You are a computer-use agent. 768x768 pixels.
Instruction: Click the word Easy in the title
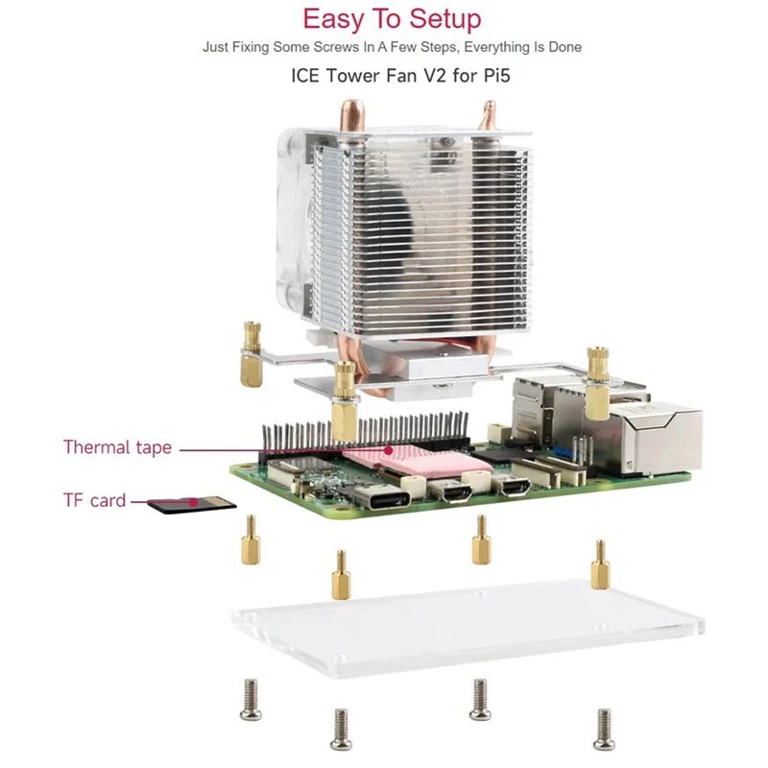coord(337,19)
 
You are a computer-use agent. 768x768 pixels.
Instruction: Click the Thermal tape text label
coord(117,446)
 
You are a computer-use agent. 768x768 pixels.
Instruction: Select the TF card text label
coord(94,499)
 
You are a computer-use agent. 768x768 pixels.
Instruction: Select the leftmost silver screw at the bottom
coord(252,698)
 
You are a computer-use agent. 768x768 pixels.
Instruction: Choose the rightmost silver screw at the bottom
coord(603,727)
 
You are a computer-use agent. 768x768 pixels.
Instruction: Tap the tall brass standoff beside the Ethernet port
coord(596,384)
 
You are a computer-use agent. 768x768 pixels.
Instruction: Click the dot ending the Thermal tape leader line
coord(388,447)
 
